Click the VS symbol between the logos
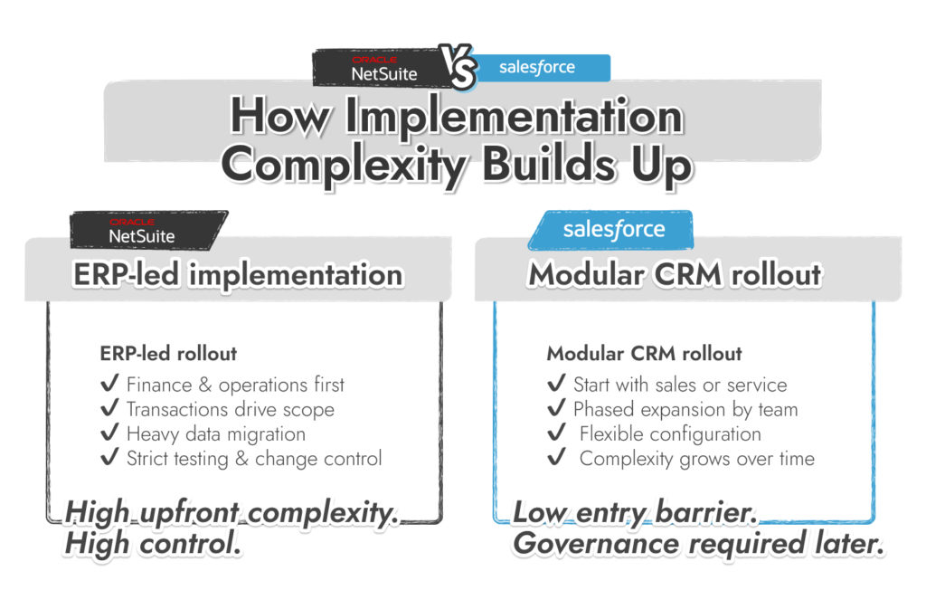point(461,67)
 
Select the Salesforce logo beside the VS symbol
point(538,68)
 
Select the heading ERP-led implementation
point(237,274)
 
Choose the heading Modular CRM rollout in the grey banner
point(675,274)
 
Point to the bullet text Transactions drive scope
point(230,410)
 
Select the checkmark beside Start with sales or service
point(557,385)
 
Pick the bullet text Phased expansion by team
point(685,410)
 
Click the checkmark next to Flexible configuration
point(557,434)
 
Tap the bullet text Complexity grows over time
point(696,459)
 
